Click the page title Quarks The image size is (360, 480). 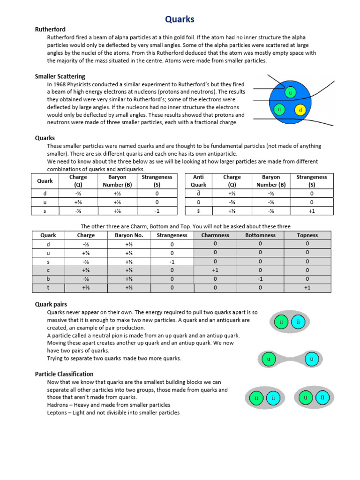(x=180, y=19)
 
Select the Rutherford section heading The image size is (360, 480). (x=50, y=30)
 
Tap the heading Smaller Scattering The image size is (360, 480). (x=60, y=76)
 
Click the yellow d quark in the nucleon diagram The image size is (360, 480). (x=300, y=111)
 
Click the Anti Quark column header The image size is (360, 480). (x=198, y=180)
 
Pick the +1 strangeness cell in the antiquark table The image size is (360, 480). (x=311, y=211)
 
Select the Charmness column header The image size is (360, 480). (x=215, y=235)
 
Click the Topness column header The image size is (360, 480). (x=307, y=235)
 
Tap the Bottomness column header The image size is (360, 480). (x=261, y=235)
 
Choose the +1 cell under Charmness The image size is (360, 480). (x=215, y=270)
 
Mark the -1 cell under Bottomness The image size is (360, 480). (x=261, y=279)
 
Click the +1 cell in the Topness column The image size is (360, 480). (x=307, y=288)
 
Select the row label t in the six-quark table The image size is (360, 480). (x=48, y=288)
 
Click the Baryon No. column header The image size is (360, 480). (x=129, y=235)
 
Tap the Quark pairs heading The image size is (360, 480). (x=51, y=304)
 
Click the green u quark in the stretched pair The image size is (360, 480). (x=269, y=360)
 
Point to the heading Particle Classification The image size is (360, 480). (x=64, y=374)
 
